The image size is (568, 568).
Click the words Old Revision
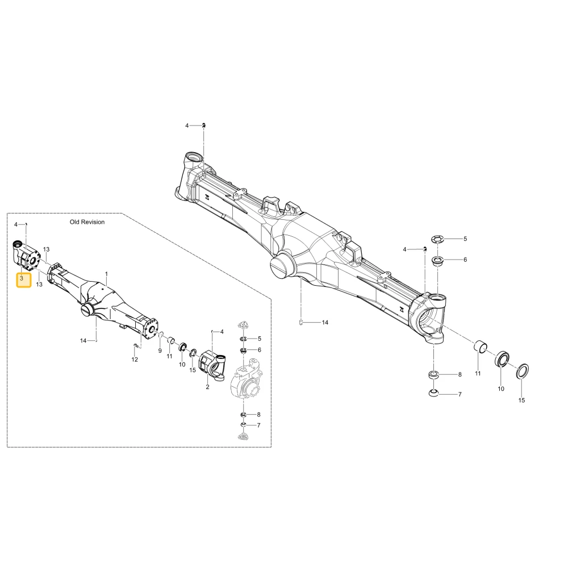point(87,222)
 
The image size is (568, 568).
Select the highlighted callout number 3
point(22,278)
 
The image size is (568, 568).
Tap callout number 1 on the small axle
point(106,274)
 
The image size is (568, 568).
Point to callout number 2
point(207,387)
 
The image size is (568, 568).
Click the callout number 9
point(160,350)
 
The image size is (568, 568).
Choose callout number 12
point(135,360)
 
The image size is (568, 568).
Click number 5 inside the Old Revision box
point(260,339)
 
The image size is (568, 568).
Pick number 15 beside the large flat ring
point(521,400)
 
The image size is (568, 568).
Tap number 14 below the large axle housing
point(325,323)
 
